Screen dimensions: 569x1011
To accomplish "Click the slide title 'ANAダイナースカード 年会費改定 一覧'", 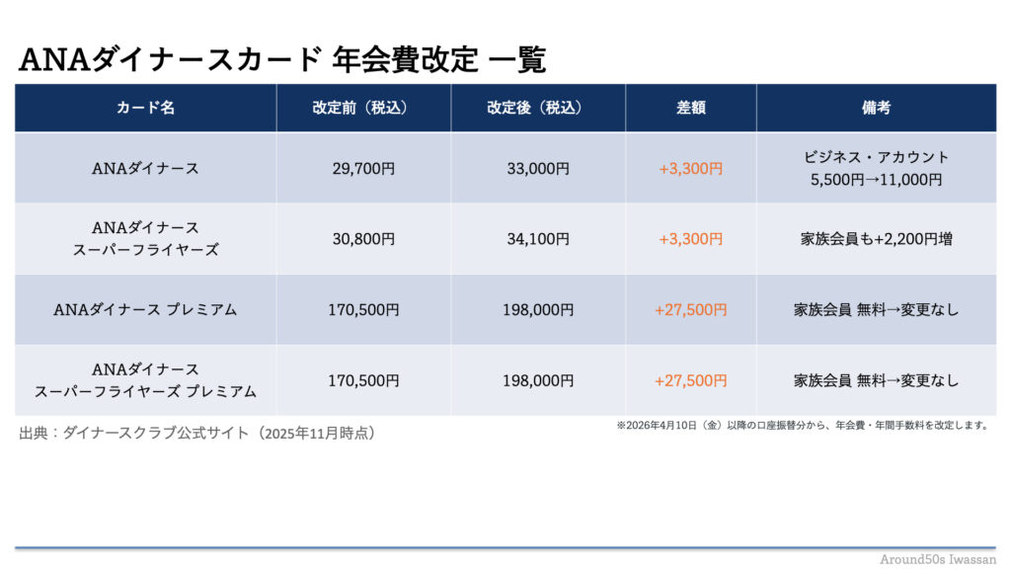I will pyautogui.click(x=282, y=60).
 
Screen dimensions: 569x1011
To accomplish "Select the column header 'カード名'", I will pyautogui.click(x=145, y=109).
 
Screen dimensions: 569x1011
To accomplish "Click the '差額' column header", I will pyautogui.click(x=690, y=109).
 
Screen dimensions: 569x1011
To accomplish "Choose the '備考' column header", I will pyautogui.click(x=876, y=109).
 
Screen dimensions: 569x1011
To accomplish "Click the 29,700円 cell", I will pyautogui.click(x=363, y=169).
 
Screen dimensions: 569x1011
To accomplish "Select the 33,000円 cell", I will pyautogui.click(x=537, y=169).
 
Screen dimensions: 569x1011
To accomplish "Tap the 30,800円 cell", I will pyautogui.click(x=363, y=239).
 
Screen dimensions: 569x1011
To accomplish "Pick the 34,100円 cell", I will pyautogui.click(x=537, y=239).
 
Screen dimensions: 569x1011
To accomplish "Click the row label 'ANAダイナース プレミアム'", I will pyautogui.click(x=145, y=310).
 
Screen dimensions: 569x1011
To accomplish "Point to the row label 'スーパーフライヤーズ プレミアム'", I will pyautogui.click(x=145, y=391).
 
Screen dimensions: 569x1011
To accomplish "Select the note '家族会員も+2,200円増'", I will pyautogui.click(x=876, y=239).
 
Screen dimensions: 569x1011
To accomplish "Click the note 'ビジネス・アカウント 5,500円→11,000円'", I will pyautogui.click(x=876, y=169).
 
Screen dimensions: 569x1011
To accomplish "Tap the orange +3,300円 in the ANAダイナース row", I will pyautogui.click(x=690, y=169).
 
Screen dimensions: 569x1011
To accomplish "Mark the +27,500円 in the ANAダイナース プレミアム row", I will pyautogui.click(x=690, y=310).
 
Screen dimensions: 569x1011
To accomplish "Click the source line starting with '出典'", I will pyautogui.click(x=197, y=433).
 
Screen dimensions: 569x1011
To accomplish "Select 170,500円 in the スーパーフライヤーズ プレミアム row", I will pyautogui.click(x=363, y=380).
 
